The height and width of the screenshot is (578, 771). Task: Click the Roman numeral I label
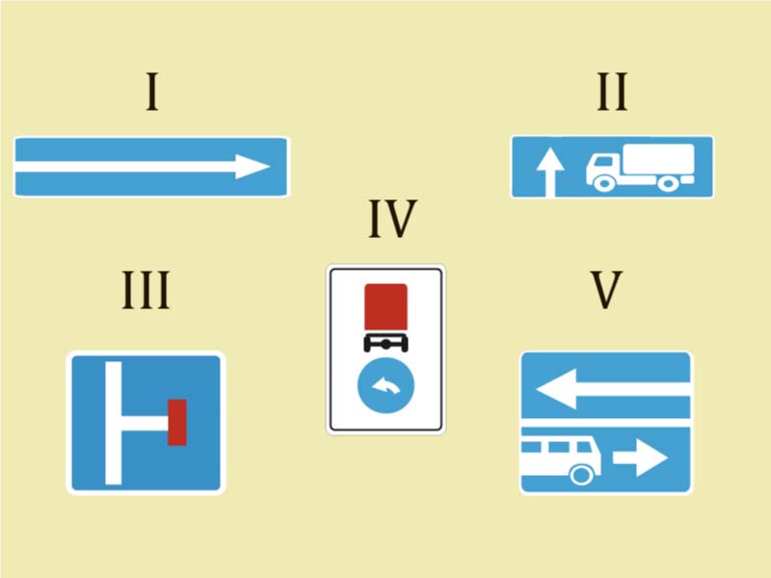click(x=152, y=92)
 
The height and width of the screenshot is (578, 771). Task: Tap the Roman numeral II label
click(x=612, y=92)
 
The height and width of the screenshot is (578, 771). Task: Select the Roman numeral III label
click(x=146, y=290)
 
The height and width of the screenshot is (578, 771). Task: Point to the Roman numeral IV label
click(x=393, y=219)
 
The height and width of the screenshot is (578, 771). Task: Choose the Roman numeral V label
click(x=606, y=290)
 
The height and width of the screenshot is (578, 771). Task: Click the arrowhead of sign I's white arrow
click(x=253, y=167)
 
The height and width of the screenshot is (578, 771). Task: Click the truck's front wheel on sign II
click(x=604, y=183)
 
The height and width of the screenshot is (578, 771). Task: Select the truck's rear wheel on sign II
click(x=668, y=183)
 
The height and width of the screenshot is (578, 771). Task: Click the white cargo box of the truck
click(x=658, y=158)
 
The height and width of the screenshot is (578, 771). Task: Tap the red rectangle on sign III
click(x=177, y=422)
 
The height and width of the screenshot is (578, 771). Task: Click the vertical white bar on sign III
click(x=113, y=423)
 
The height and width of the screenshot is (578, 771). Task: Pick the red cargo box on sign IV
click(x=386, y=306)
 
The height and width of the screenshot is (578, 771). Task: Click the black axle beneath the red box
click(x=386, y=343)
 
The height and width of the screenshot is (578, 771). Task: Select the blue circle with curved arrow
click(x=386, y=385)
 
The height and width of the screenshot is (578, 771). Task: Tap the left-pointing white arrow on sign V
click(x=613, y=389)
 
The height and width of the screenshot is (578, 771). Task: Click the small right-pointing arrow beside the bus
click(x=640, y=458)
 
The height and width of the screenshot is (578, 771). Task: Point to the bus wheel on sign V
click(x=581, y=474)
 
